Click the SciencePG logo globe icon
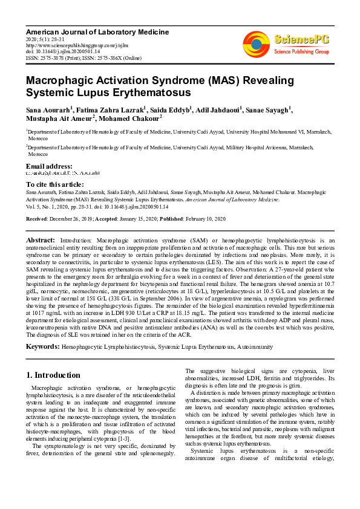coord(256,44)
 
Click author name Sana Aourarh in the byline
coord(48,110)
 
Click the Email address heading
coord(50,166)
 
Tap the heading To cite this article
coord(56,184)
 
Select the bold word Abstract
coord(42,241)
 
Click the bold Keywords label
coord(43,347)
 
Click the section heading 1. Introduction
coord(54,375)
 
